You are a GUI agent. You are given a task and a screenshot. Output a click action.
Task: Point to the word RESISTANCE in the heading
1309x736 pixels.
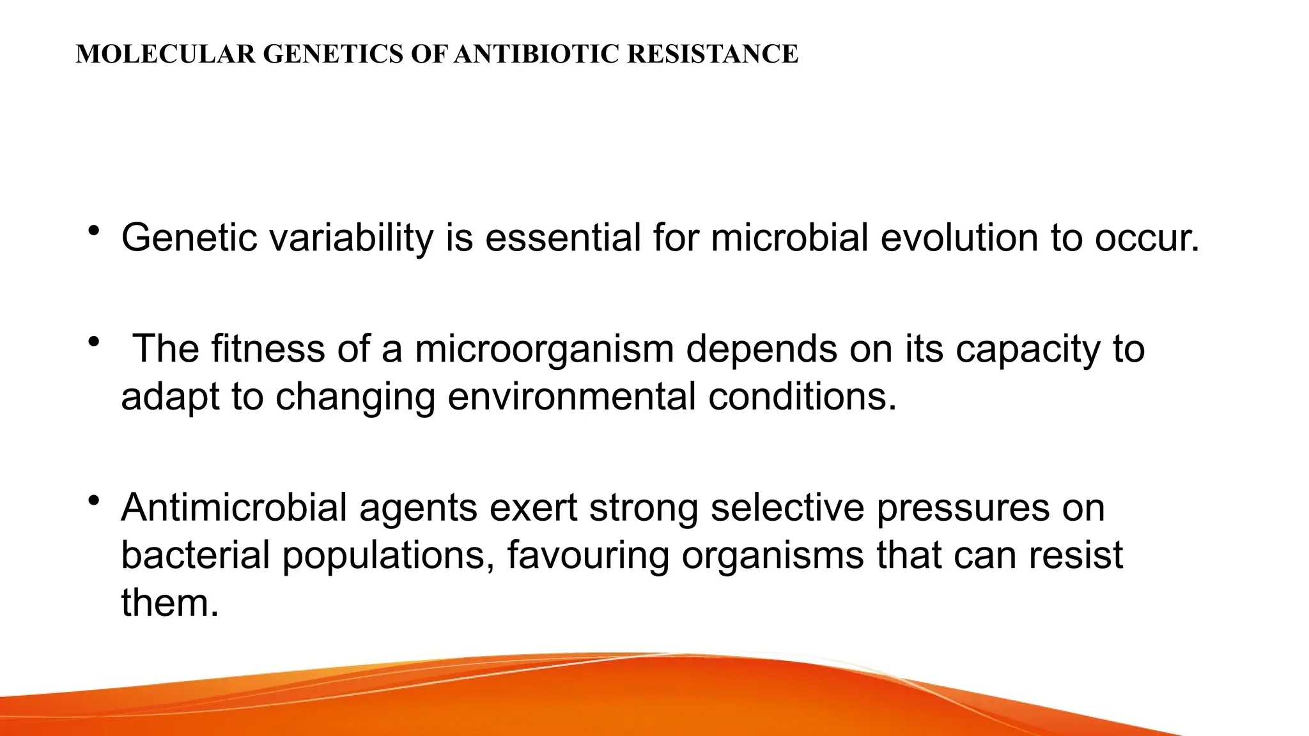tap(713, 54)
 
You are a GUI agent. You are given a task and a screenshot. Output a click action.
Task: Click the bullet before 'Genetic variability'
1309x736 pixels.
tap(95, 231)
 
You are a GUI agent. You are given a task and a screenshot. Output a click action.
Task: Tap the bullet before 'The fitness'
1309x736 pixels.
tap(95, 342)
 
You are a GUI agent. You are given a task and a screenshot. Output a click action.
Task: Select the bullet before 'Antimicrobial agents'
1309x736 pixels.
tap(95, 500)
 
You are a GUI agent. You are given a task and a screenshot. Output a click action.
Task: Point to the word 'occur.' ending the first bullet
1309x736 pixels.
tap(1147, 238)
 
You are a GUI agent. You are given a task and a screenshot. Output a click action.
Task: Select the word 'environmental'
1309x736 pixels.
tap(571, 396)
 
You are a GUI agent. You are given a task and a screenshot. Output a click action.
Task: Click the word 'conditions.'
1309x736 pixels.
tap(802, 396)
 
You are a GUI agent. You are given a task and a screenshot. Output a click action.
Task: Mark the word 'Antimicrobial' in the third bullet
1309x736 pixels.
tap(234, 507)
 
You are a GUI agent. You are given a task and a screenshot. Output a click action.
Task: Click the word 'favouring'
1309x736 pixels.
tap(588, 556)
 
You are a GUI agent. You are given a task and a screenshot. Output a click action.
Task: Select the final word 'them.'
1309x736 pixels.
tap(170, 602)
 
